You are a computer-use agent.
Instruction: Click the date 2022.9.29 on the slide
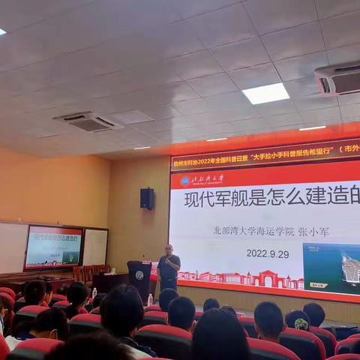pos(268,253)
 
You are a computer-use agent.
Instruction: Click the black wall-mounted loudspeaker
pos(147,199)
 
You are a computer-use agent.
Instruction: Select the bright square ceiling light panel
pos(265,94)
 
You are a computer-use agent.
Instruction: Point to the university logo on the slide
pos(185,181)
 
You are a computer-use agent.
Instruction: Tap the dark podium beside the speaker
pos(139,279)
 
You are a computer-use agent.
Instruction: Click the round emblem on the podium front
pos(139,275)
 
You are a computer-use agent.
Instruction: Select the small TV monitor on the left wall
pos(53,247)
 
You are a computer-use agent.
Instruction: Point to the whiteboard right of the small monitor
pos(95,247)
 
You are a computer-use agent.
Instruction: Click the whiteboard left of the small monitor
pos(13,247)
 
